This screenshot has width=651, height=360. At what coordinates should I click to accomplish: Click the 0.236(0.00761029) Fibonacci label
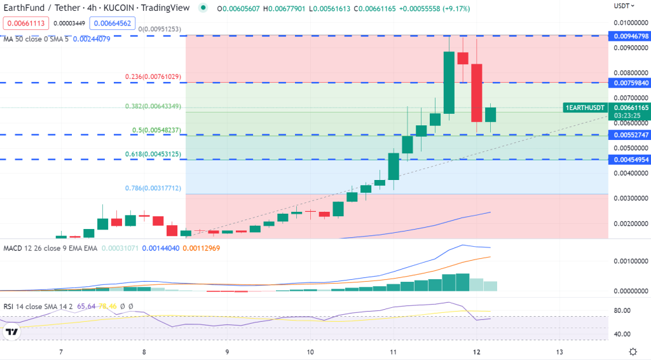point(153,77)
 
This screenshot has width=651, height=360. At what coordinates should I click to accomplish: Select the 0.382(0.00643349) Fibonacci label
point(153,106)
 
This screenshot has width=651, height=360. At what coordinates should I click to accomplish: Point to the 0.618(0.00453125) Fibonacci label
point(153,154)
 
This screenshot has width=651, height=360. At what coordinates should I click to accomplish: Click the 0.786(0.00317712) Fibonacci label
point(153,188)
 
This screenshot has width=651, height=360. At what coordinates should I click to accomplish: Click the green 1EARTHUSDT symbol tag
point(585,107)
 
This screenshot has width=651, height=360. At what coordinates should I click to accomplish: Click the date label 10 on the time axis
point(310,352)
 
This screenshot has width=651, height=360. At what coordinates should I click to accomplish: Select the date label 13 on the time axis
point(559,352)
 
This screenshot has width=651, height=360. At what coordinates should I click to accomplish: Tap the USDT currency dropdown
point(624,6)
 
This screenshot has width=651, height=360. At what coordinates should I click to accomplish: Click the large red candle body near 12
point(476,92)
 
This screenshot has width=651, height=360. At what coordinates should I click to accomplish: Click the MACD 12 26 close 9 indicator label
point(50,248)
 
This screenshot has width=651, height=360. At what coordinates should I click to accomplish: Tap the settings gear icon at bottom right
point(633,352)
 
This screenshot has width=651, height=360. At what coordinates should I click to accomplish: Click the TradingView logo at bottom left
point(11,331)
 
